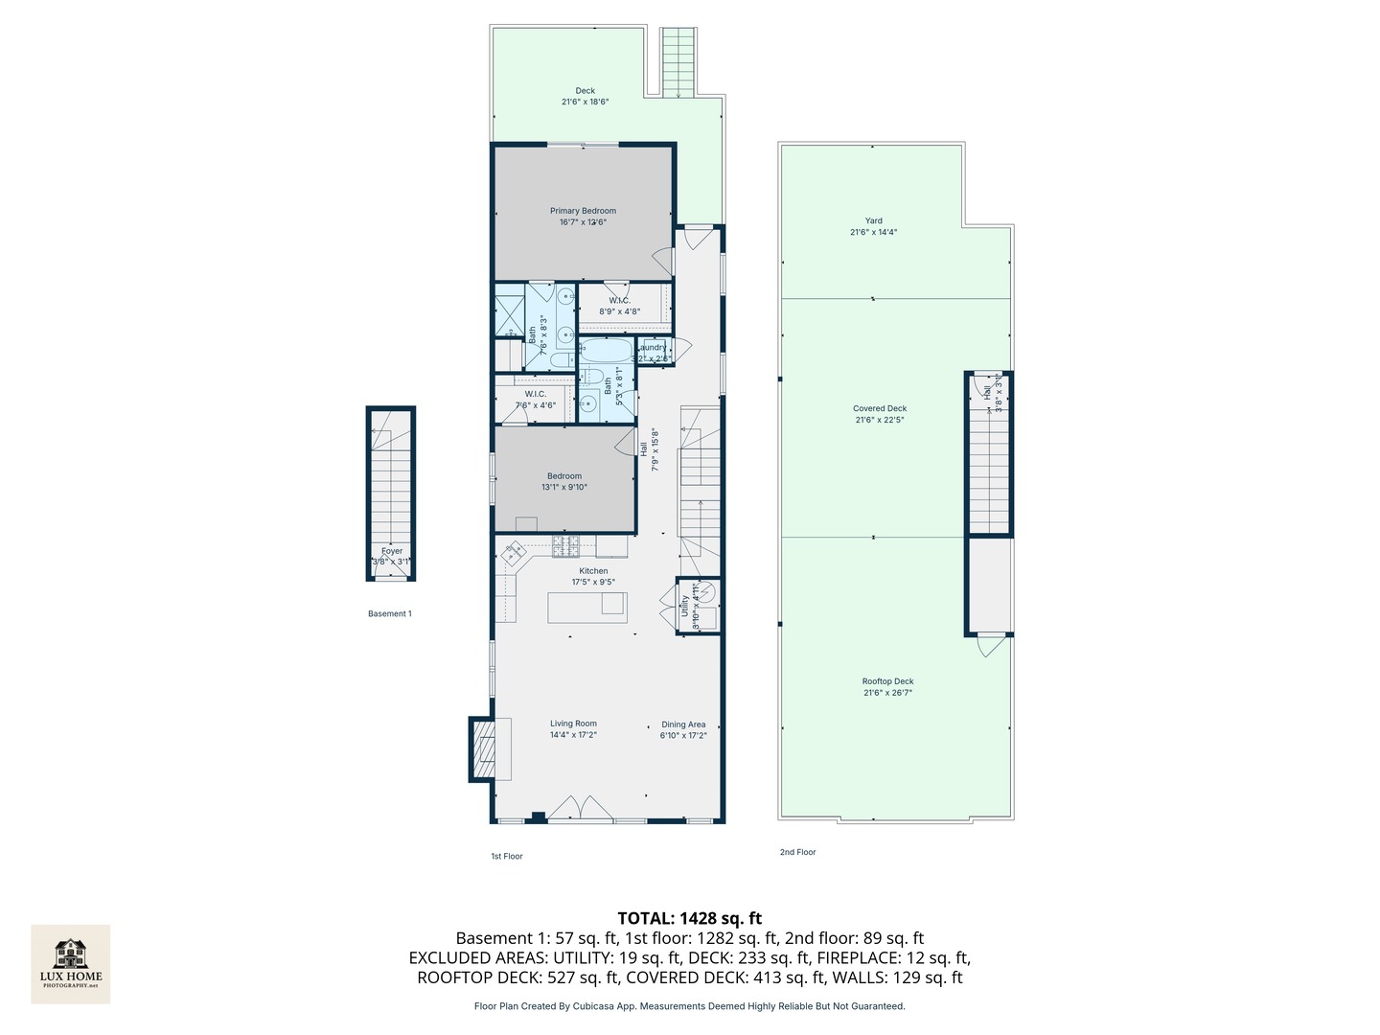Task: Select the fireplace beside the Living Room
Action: [x=481, y=749]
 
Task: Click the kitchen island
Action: [x=586, y=608]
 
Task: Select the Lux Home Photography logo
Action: [x=71, y=963]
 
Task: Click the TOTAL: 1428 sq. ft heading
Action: [x=689, y=918]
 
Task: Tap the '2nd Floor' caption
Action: [x=797, y=852]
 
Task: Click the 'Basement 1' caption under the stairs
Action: [x=390, y=613]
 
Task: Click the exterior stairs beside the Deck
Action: [x=678, y=62]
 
